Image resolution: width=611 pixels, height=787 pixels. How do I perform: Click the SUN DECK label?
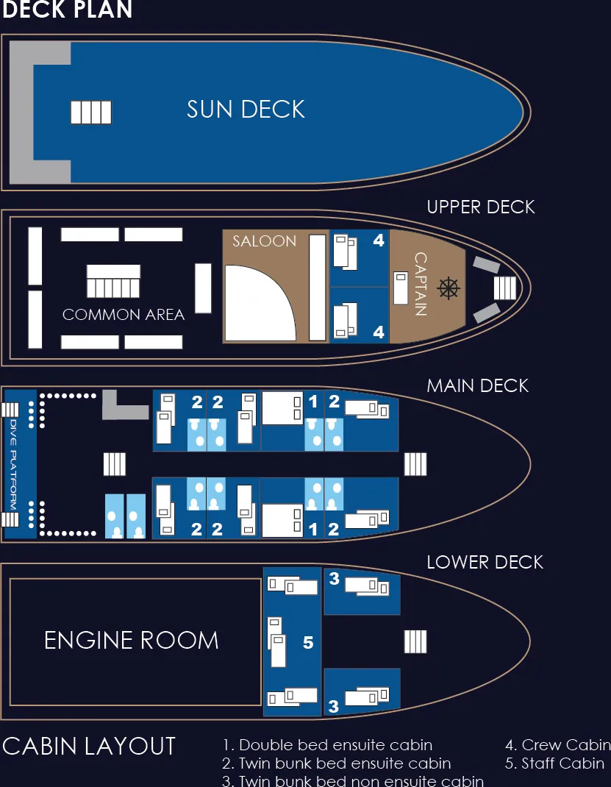[x=246, y=110]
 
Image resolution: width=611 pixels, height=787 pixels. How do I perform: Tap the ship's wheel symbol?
[x=448, y=288]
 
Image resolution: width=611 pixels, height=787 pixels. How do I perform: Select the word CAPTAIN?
[x=421, y=284]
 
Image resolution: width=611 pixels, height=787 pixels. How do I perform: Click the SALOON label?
[x=264, y=241]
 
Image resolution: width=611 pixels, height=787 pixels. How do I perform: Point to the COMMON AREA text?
[x=124, y=315]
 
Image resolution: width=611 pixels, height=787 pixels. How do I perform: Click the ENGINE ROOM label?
[x=132, y=640]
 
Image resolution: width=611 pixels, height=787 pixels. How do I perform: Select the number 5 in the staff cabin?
[x=308, y=643]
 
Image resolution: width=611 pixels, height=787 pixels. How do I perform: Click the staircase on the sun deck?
[x=91, y=113]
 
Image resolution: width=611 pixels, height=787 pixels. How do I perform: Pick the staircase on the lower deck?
[x=415, y=642]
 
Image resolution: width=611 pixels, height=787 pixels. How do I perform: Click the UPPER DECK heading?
[x=481, y=207]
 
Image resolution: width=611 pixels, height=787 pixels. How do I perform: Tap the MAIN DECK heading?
[x=478, y=385]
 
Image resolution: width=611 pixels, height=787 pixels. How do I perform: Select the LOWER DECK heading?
[x=485, y=563]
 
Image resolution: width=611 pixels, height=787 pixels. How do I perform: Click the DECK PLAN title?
[x=67, y=10]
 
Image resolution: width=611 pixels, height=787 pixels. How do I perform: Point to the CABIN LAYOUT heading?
[x=89, y=747]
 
